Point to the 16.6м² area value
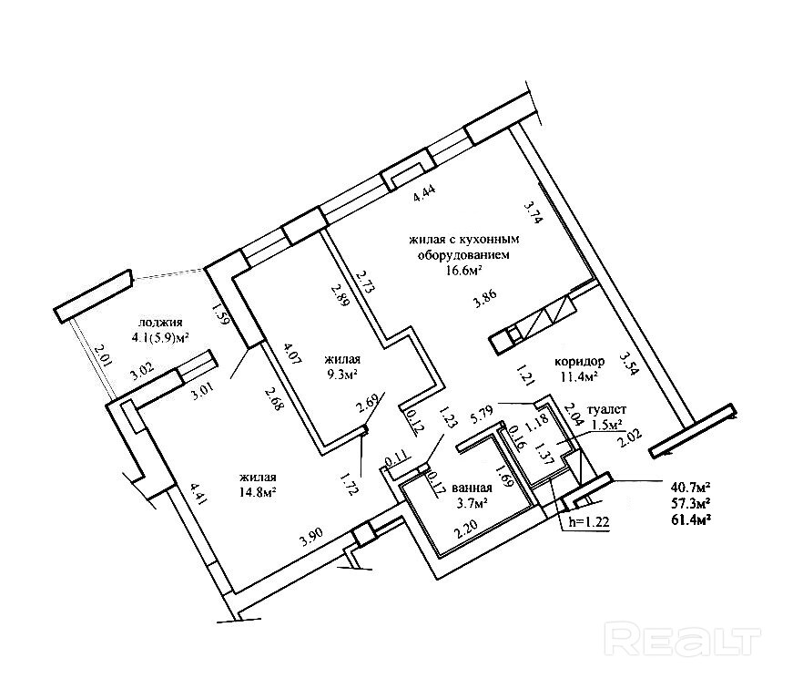pyautogui.click(x=462, y=270)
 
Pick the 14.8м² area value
pyautogui.click(x=259, y=492)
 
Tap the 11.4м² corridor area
pyautogui.click(x=577, y=376)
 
